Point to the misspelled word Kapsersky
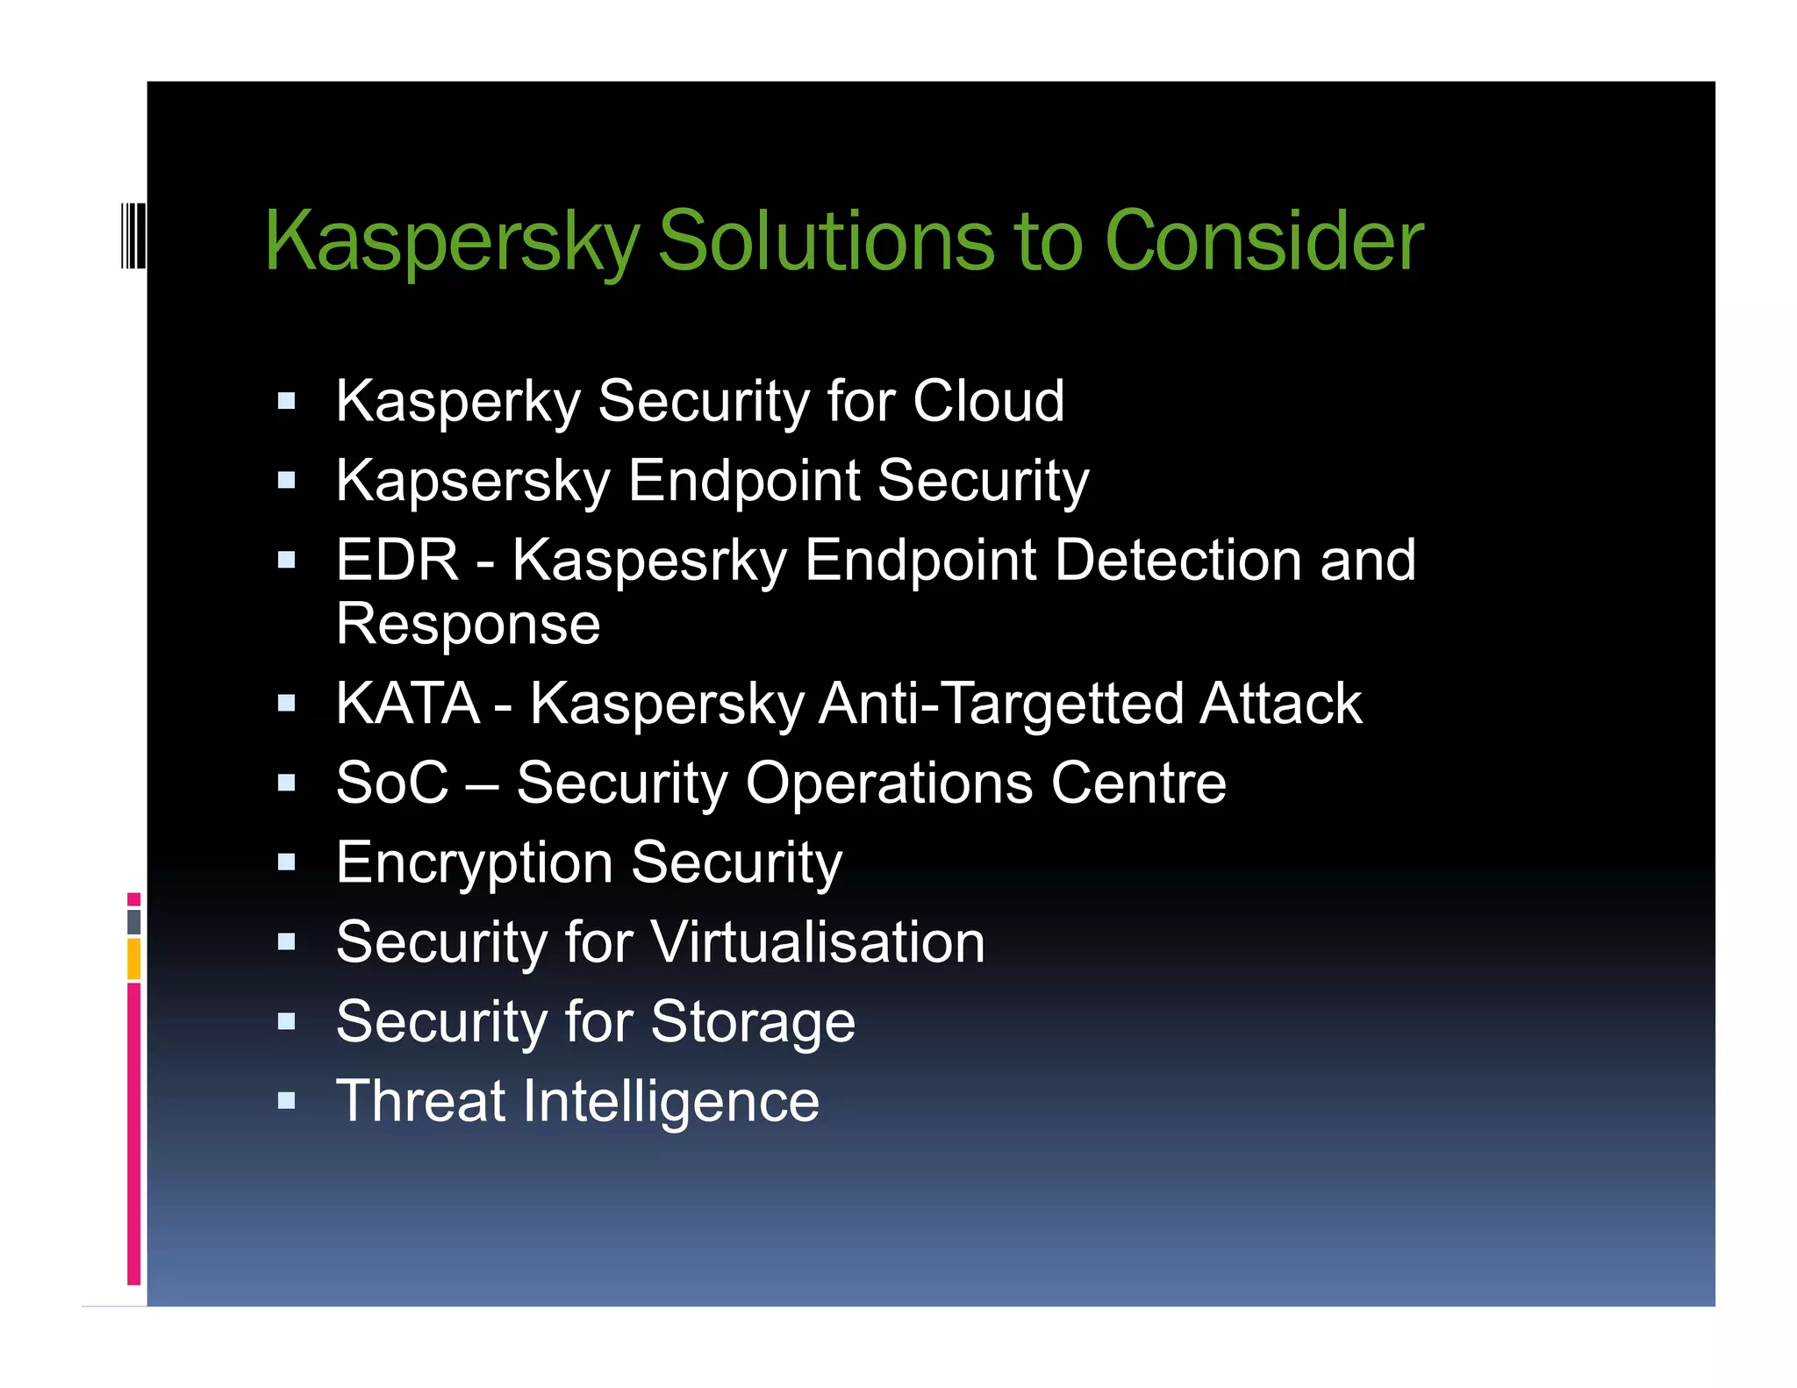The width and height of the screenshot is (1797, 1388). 473,481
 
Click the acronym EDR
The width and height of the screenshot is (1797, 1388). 397,560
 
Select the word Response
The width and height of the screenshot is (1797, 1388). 468,624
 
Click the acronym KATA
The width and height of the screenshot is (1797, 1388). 407,703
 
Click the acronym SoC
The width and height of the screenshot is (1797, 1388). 391,783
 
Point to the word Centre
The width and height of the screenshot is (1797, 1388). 1138,783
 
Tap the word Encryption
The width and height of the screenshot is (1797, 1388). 475,863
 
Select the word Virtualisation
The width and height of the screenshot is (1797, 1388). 818,942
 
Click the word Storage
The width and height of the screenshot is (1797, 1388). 753,1022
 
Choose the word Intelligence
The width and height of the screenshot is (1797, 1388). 670,1101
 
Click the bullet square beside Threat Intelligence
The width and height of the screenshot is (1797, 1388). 286,1100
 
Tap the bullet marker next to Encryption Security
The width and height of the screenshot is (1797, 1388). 286,862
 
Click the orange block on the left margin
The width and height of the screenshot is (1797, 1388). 133,958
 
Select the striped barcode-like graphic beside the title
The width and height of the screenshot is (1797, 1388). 132,234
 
